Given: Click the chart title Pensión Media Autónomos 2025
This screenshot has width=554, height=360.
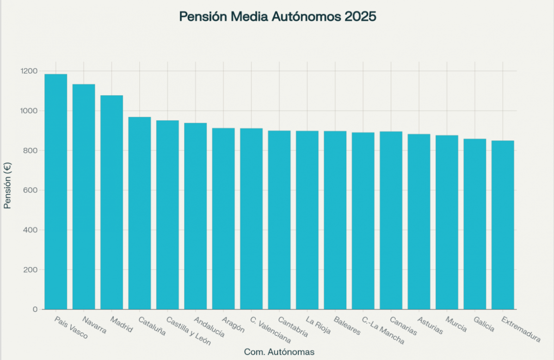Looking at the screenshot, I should tap(277, 17).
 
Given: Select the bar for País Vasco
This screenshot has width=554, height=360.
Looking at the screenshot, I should tap(55, 192).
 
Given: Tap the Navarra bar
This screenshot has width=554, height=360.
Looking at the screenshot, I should tap(84, 196).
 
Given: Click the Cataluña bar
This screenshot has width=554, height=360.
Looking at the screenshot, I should tap(140, 213).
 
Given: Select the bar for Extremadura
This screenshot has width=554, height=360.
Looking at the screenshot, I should tap(503, 225).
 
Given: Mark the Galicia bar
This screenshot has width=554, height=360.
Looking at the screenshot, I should tap(475, 224).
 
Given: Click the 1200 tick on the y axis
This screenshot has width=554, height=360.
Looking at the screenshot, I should tap(28, 71).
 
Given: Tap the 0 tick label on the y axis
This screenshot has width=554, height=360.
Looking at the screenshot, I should tap(35, 309).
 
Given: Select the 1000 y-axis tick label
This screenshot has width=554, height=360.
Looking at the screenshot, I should tap(28, 111).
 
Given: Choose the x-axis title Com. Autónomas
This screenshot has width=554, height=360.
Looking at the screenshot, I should tap(279, 352).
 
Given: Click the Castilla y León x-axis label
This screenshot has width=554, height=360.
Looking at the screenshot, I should tap(188, 331).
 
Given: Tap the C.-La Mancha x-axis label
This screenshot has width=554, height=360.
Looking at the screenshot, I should tap(383, 330).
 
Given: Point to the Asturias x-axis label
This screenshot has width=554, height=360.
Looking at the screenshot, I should tap(430, 325).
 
